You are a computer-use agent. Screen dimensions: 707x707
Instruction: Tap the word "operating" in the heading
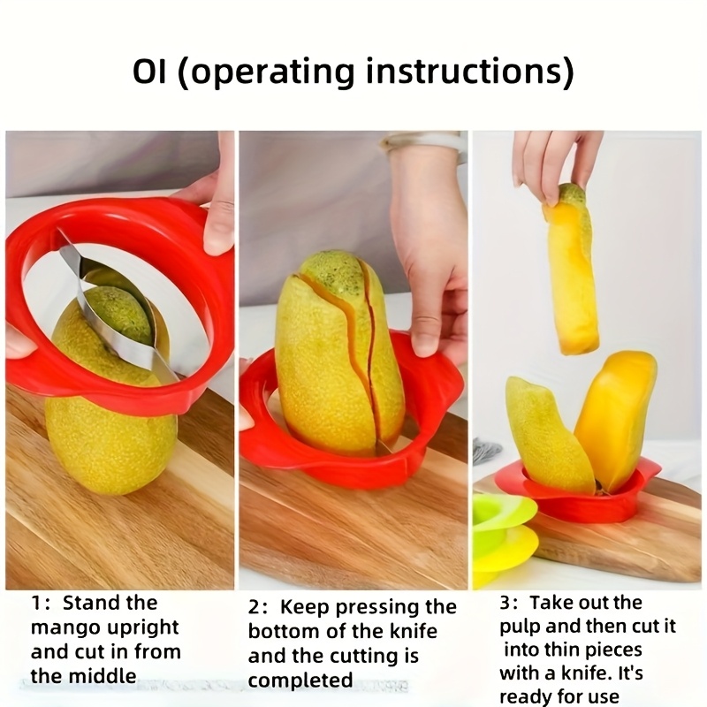coord(270,73)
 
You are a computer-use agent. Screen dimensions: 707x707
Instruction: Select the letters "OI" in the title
coord(149,72)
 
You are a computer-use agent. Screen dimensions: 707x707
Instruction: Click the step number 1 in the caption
coord(35,604)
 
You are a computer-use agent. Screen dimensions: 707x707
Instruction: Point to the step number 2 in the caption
coord(254,608)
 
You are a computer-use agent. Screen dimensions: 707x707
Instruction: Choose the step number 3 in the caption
coord(506,603)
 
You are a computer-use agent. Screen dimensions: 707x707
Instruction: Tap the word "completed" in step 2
coord(300,680)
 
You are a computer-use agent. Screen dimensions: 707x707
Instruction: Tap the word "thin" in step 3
coord(561,650)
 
